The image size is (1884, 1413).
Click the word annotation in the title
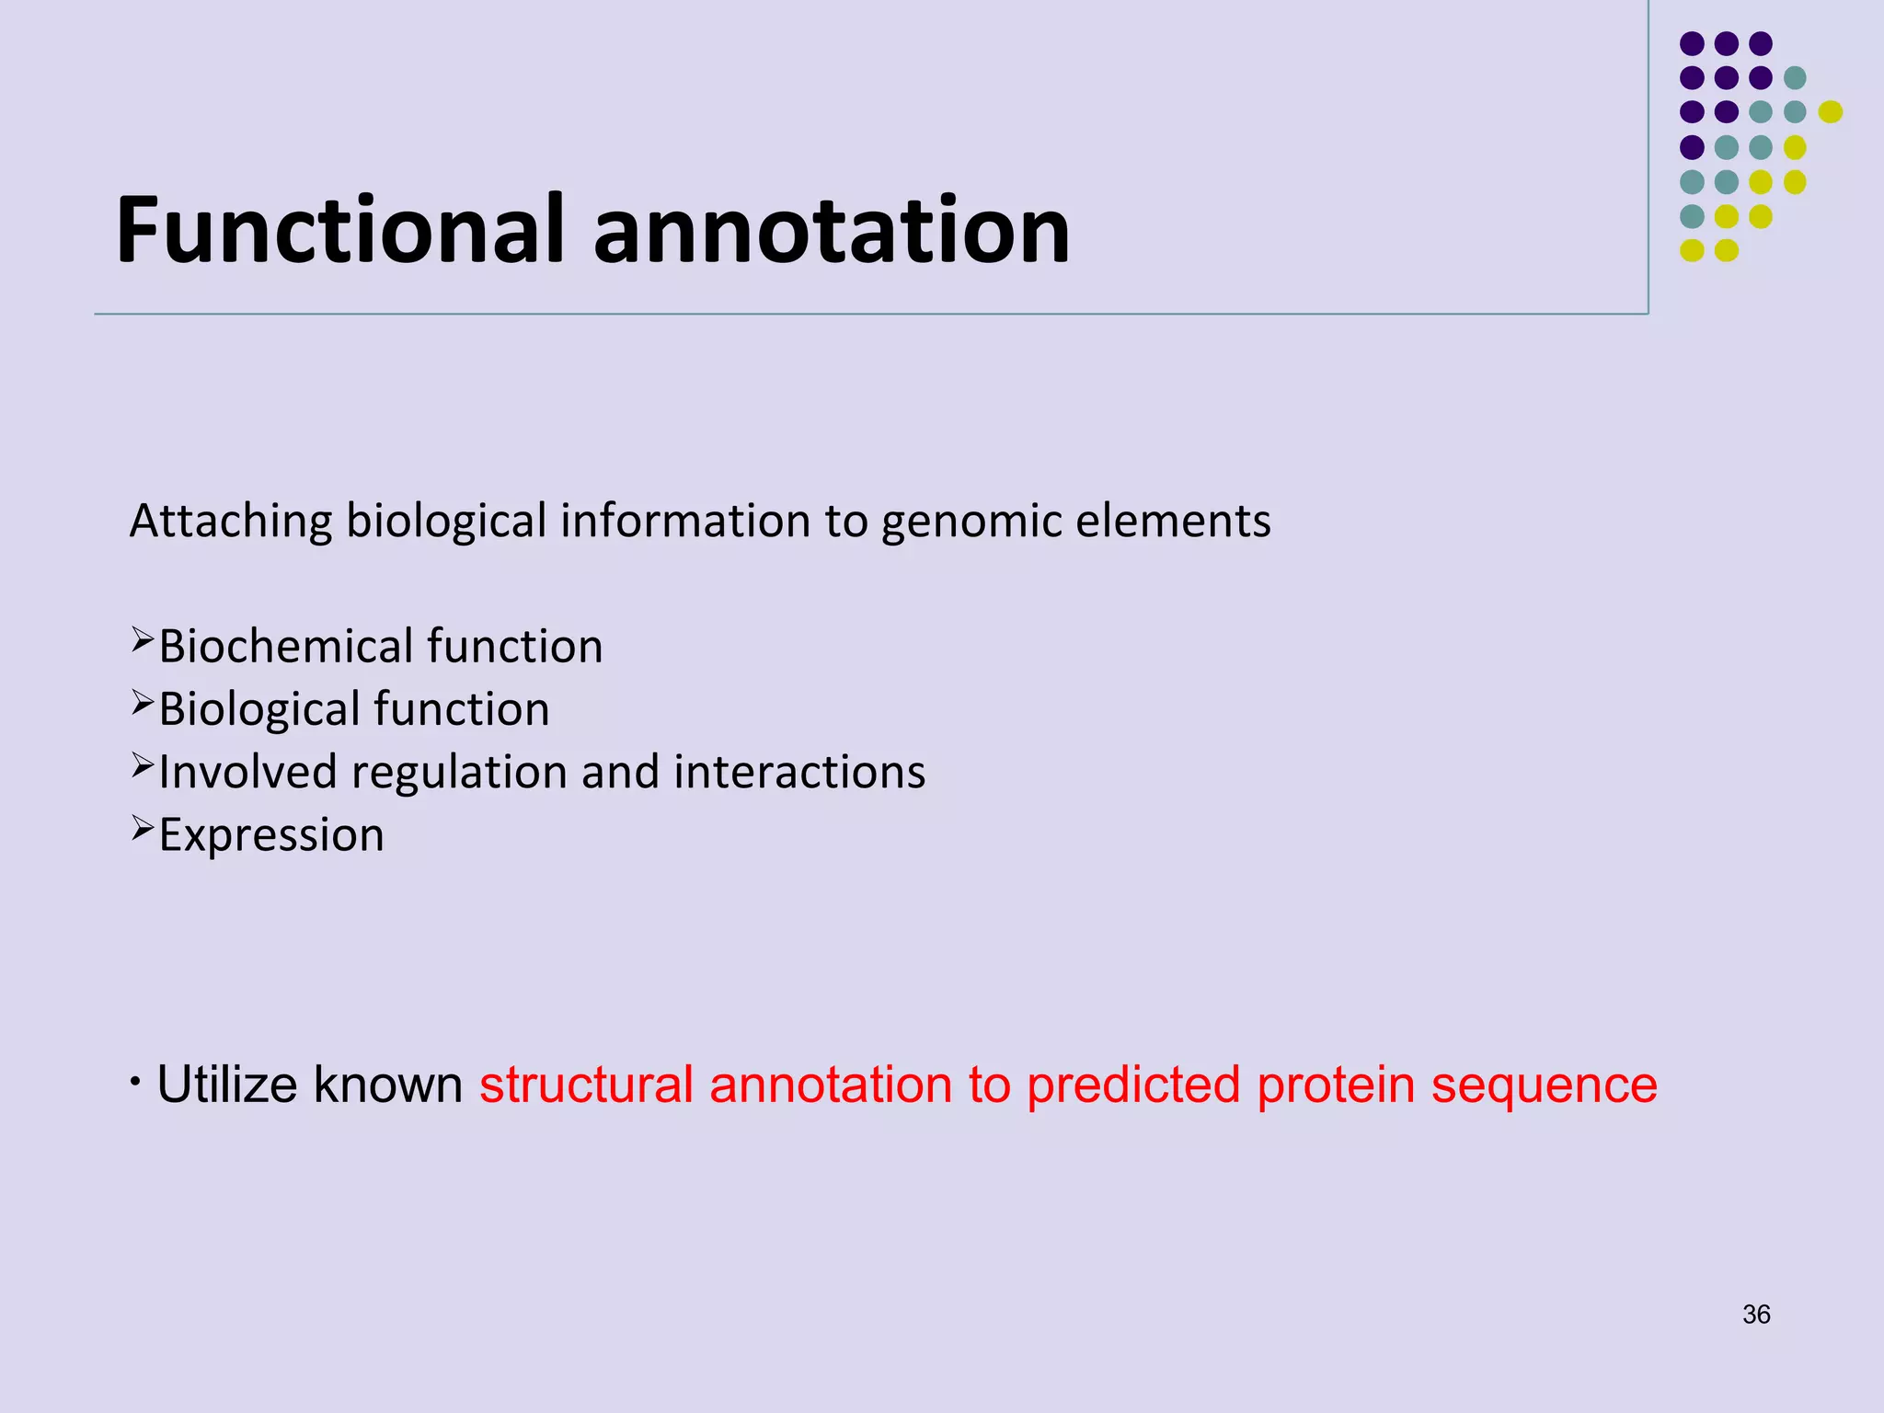(x=832, y=230)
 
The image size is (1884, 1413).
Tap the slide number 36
(x=1756, y=1315)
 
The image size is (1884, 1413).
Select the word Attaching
(x=230, y=522)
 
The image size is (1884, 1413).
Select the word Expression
(x=271, y=835)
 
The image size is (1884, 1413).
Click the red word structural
(x=585, y=1085)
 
